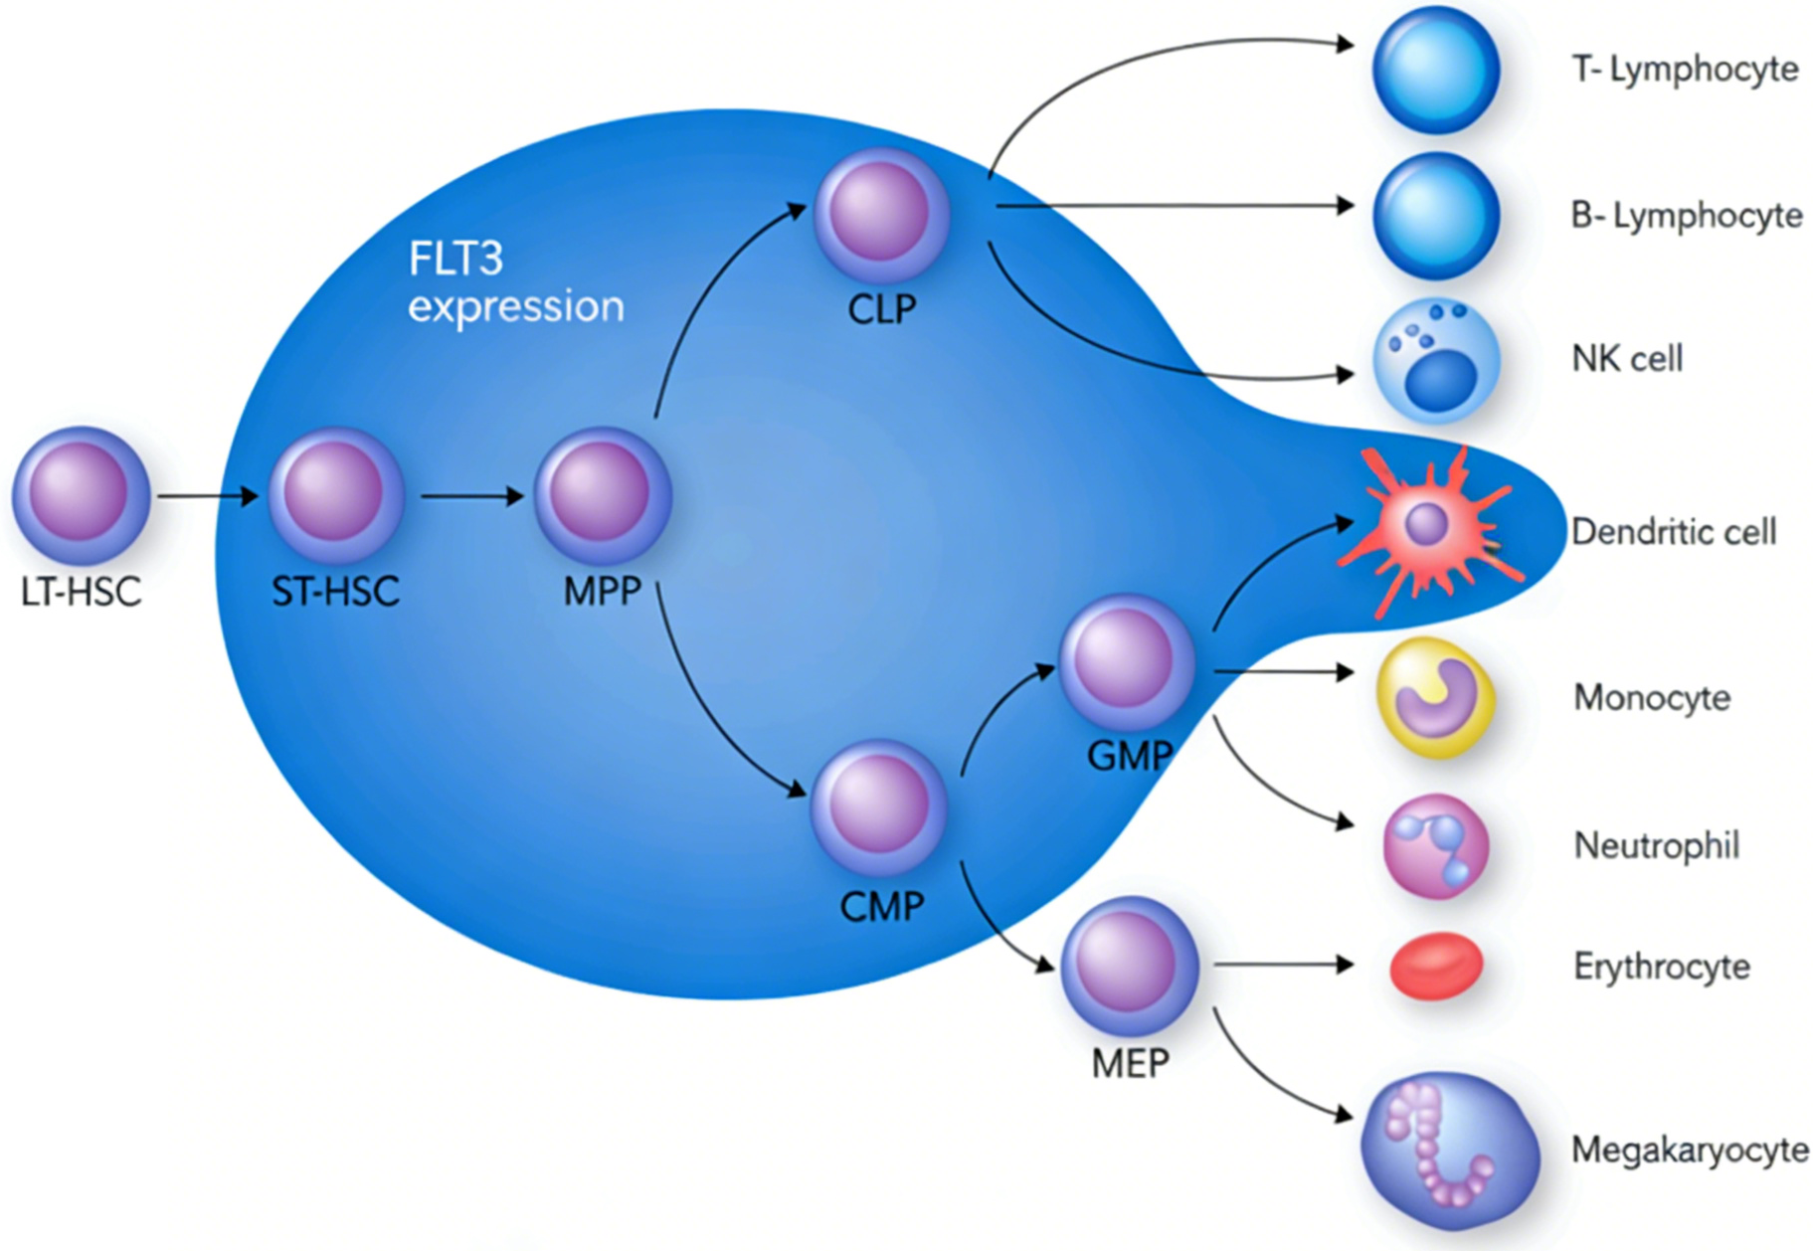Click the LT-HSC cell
pyautogui.click(x=81, y=494)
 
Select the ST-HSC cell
pyautogui.click(x=335, y=494)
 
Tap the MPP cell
pyautogui.click(x=603, y=494)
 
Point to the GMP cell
pyautogui.click(x=1127, y=662)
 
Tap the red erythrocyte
pyautogui.click(x=1435, y=965)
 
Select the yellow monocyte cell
pyautogui.click(x=1434, y=697)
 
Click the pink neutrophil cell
pyautogui.click(x=1435, y=846)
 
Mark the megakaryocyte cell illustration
pyautogui.click(x=1449, y=1151)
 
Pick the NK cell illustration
pyautogui.click(x=1435, y=361)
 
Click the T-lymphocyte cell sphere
pyautogui.click(x=1435, y=70)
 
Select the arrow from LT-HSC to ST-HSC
pyautogui.click(x=207, y=495)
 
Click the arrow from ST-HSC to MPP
pyautogui.click(x=471, y=495)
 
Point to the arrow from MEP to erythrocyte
pyautogui.click(x=1283, y=965)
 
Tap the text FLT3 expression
pyautogui.click(x=515, y=283)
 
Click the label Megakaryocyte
pyautogui.click(x=1689, y=1150)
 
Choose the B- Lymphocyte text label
pyautogui.click(x=1686, y=215)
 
